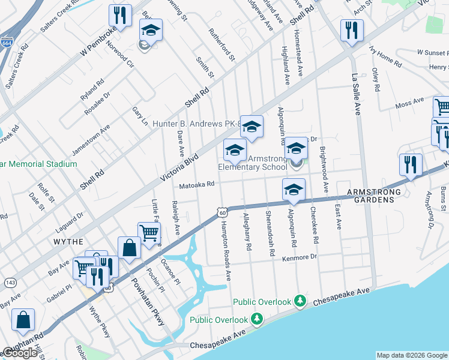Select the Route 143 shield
10,281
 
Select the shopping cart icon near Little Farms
149,233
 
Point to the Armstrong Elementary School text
252,163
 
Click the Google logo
20,353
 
